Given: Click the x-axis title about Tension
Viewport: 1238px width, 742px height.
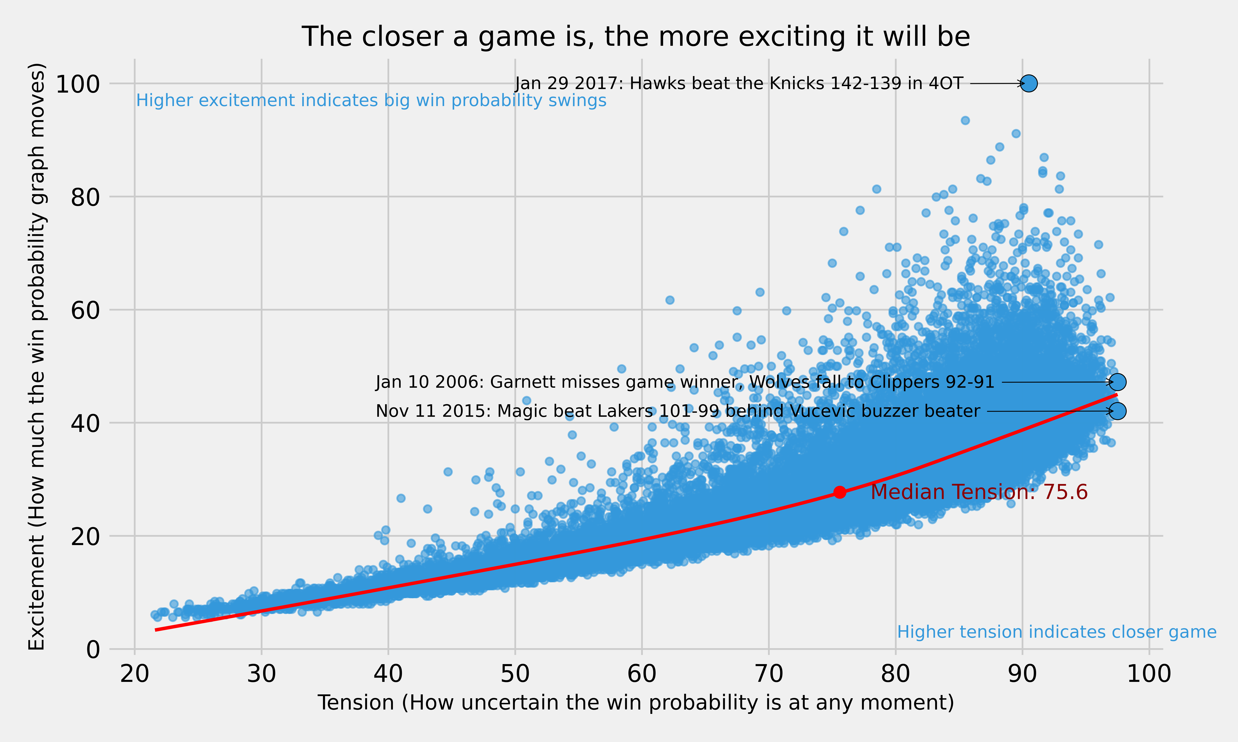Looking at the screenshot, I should pos(636,702).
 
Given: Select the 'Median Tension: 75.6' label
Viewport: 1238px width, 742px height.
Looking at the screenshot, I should pos(979,492).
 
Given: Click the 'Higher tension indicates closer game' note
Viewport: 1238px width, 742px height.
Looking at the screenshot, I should pos(1056,632).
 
